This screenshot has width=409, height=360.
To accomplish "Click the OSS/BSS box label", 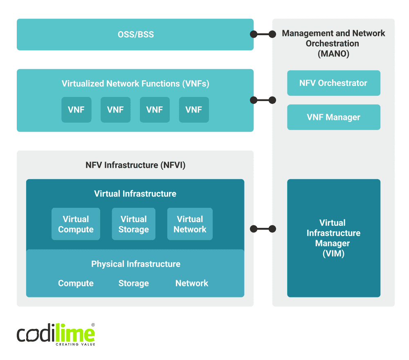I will point(135,34).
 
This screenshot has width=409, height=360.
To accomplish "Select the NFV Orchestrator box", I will point(333,83).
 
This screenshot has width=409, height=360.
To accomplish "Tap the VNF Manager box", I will point(333,117).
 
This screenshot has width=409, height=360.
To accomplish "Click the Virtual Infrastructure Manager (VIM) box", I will point(333,238).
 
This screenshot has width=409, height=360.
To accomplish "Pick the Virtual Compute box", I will point(76,224).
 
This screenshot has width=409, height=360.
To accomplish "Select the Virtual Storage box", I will point(133,224).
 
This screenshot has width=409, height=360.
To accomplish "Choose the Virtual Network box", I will point(190,224).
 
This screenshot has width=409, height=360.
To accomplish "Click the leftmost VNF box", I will point(76,110).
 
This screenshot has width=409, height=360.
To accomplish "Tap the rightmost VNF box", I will point(194,110).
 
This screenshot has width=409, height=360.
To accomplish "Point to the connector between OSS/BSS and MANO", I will point(263,34).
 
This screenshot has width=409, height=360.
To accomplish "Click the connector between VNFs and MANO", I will point(263,100).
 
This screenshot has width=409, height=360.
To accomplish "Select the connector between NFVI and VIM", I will point(263,229).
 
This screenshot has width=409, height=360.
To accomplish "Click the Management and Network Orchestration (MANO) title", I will point(333,43).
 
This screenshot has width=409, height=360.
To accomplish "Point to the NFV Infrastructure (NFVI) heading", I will point(135,165).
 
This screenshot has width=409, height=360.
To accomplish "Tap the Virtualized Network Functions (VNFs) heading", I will point(135,84).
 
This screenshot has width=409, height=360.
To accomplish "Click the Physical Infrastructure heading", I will point(135,264).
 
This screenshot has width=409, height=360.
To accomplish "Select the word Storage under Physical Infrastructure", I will point(133,283).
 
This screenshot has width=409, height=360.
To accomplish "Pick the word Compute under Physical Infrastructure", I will point(76,283).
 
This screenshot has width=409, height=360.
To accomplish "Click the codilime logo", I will point(56,334).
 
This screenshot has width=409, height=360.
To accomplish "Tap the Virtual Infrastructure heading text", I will point(135,194).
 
